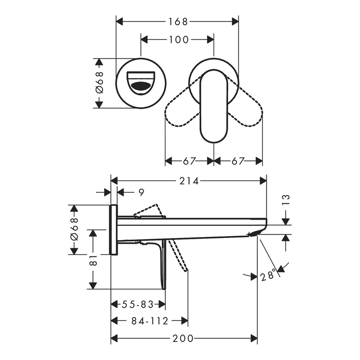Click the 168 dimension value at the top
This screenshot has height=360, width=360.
(x=177, y=21)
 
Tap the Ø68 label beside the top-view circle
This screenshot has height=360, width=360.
(x=99, y=83)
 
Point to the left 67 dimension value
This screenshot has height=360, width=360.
(x=189, y=161)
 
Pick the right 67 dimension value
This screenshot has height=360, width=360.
(x=238, y=161)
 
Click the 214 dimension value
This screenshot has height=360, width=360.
(x=189, y=181)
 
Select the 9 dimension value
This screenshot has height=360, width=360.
(x=141, y=193)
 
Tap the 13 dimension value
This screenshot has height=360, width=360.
(x=286, y=200)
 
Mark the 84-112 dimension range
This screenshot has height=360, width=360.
(x=150, y=321)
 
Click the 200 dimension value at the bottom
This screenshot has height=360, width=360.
(x=183, y=338)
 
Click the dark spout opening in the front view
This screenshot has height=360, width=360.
(x=141, y=86)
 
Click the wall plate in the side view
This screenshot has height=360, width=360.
(x=114, y=230)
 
